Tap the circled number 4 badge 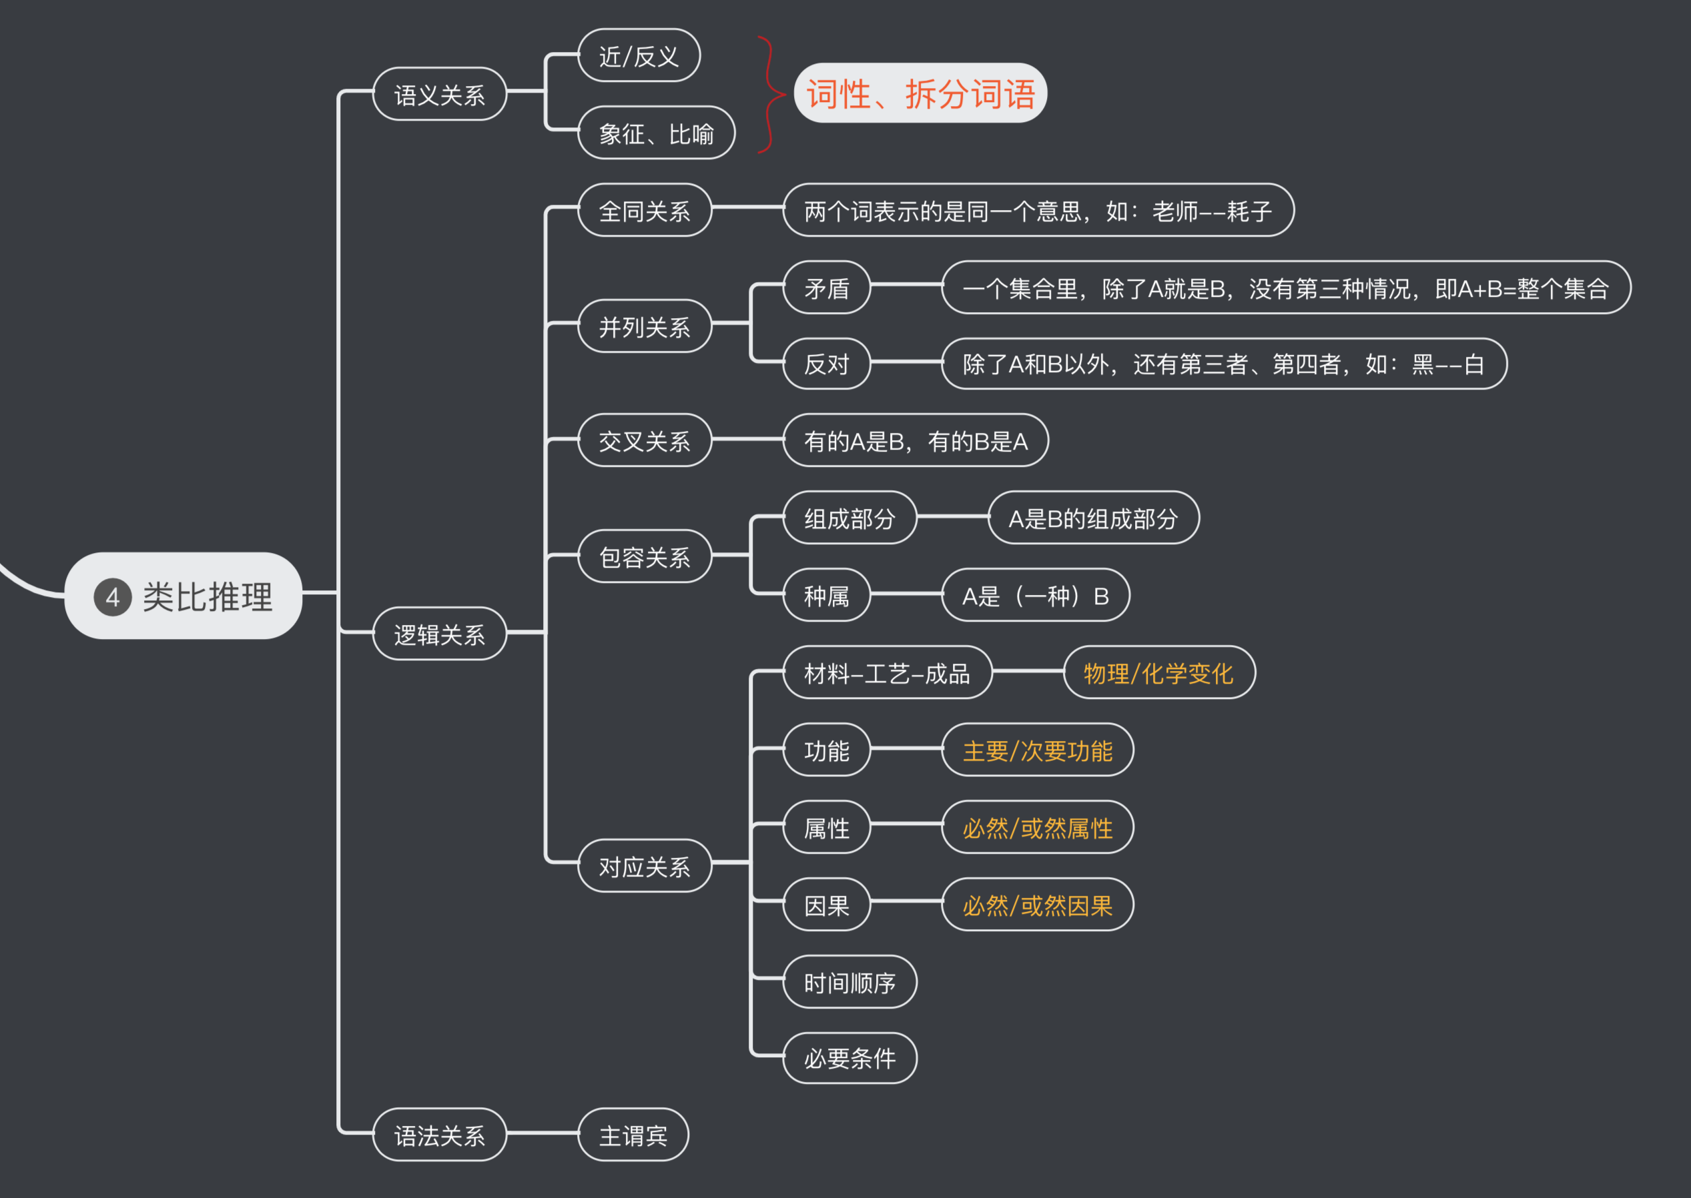112,597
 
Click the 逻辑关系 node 440,634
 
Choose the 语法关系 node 440,1135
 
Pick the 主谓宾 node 633,1135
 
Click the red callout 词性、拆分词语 920,93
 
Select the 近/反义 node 639,56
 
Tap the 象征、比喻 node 656,133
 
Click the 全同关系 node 644,211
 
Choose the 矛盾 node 826,287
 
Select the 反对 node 826,364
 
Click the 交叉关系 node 644,440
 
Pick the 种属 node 826,595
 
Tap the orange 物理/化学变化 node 1158,673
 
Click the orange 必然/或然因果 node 1037,905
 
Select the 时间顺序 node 850,982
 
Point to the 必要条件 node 850,1058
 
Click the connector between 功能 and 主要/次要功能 906,748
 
